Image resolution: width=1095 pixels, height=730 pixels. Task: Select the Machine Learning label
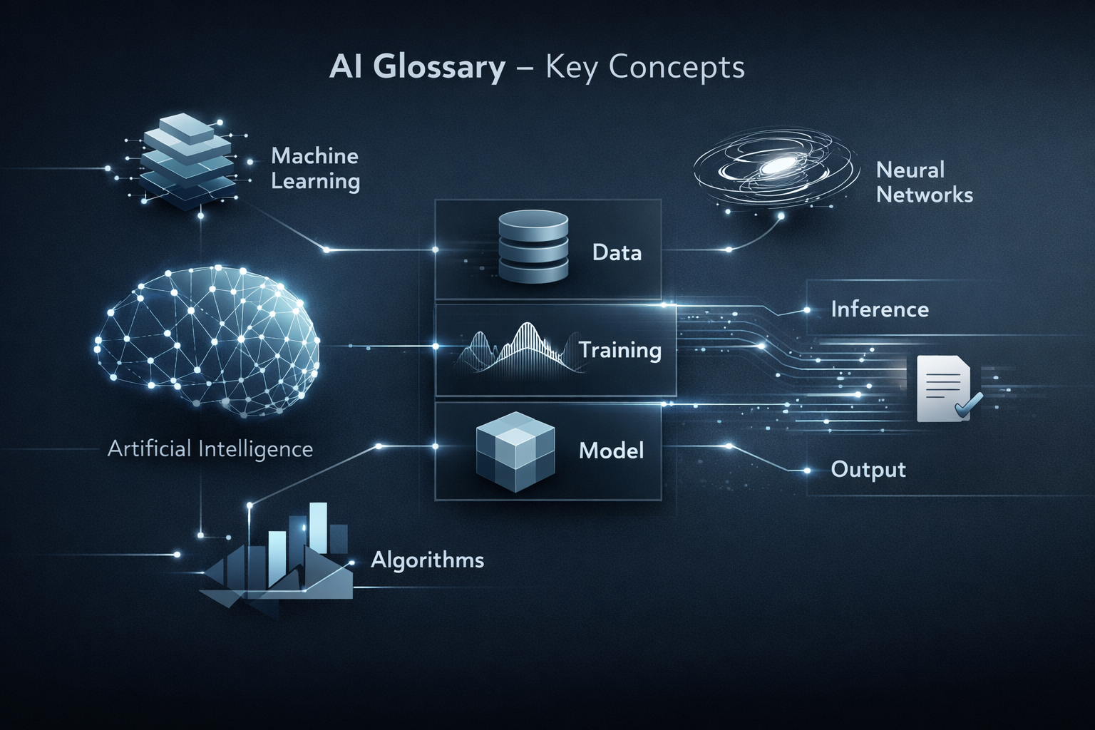pyautogui.click(x=315, y=169)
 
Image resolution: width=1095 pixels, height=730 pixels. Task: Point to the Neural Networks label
pyautogui.click(x=924, y=182)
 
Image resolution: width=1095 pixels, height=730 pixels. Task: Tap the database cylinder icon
pyautogui.click(x=533, y=247)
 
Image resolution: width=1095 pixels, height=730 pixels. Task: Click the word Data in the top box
pyautogui.click(x=617, y=253)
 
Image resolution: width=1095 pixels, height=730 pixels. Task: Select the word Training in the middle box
pyautogui.click(x=620, y=351)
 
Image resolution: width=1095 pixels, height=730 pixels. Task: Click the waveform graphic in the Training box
pyautogui.click(x=519, y=349)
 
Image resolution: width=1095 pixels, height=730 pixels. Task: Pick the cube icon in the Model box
pyautogui.click(x=515, y=451)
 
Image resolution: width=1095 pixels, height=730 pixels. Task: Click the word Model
pyautogui.click(x=611, y=451)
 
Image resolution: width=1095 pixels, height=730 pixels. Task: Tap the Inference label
pyautogui.click(x=880, y=309)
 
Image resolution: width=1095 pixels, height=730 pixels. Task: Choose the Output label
pyautogui.click(x=868, y=470)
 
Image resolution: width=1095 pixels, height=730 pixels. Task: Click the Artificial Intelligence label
pyautogui.click(x=210, y=449)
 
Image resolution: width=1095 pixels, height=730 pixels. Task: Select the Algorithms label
pyautogui.click(x=427, y=560)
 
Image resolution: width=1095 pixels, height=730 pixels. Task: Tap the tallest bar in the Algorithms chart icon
pyautogui.click(x=318, y=528)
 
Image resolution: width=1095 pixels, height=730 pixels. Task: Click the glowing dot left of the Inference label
pyautogui.click(x=806, y=310)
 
